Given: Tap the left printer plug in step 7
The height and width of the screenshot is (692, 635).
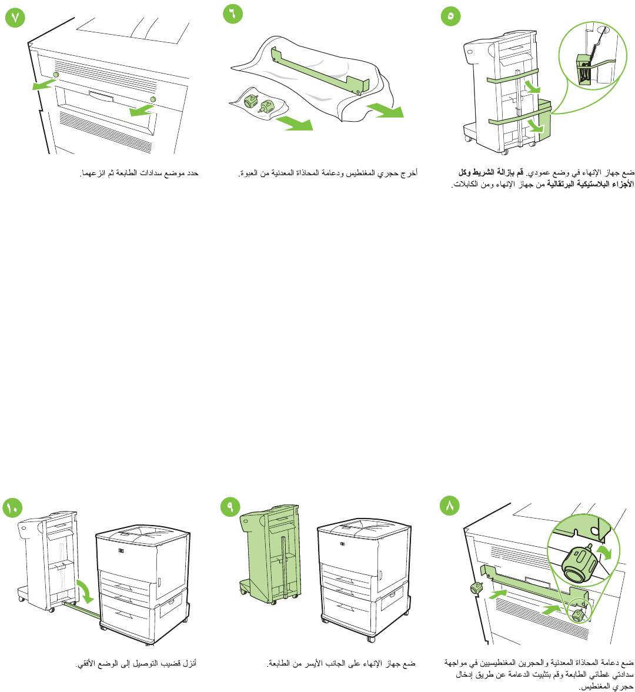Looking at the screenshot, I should pos(56,75).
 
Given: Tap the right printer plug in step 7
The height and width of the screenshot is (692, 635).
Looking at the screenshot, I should pos(153,99).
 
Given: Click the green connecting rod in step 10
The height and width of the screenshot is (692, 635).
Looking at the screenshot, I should pos(79,611).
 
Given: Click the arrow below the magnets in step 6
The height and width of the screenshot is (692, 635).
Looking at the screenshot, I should pos(294,123).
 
